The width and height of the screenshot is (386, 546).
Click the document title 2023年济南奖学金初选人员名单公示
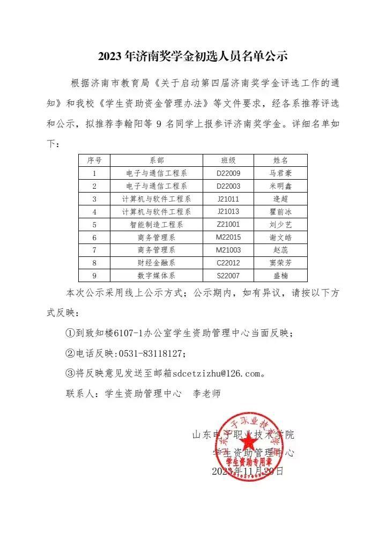point(193,56)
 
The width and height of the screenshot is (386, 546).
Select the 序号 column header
point(94,160)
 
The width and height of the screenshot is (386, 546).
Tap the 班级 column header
point(228,160)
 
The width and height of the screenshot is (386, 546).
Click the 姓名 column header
point(281,160)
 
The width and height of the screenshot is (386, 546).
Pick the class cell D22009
point(228,173)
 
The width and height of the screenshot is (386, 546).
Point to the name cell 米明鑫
point(281,186)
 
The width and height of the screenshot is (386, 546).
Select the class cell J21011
point(228,199)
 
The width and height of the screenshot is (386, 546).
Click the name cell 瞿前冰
point(281,212)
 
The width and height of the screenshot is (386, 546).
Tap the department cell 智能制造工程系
point(157,225)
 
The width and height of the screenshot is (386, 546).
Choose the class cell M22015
point(228,238)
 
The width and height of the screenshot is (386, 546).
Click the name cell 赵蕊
point(281,250)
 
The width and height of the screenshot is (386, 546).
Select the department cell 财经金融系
point(157,263)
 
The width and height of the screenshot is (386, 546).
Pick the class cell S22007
point(228,276)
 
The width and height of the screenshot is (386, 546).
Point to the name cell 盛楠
point(281,276)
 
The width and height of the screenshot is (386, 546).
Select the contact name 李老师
point(207,393)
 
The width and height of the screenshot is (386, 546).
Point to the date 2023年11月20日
point(248,471)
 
